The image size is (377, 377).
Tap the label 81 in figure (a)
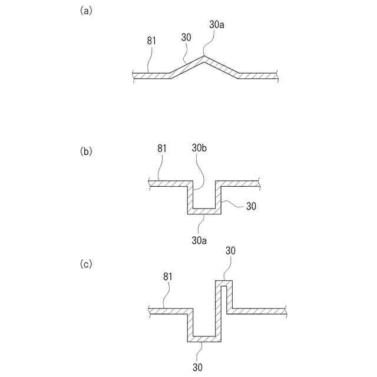151,41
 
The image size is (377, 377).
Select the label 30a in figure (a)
217,25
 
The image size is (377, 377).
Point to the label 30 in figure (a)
186,37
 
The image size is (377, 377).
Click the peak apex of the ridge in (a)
204,57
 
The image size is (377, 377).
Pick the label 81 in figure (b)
162,148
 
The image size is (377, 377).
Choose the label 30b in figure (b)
199,148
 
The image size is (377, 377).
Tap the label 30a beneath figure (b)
198,240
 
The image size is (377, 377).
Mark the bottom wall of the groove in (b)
204,211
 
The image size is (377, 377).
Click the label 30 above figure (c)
231,250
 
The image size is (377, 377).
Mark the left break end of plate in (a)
135,75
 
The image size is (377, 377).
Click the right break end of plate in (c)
285,310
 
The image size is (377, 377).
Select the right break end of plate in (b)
258,184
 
